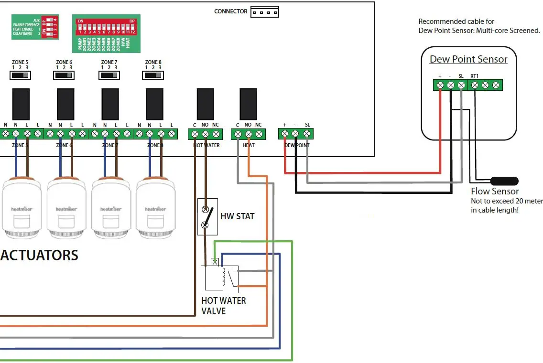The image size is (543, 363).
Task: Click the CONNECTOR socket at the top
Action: point(265,12)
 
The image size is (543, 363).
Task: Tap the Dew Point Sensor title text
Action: point(468,59)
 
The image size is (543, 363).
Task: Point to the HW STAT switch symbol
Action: point(207,217)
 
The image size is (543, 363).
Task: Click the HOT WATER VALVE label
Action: point(223,306)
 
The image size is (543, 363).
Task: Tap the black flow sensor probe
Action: point(505,181)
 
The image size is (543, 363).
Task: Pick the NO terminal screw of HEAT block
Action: point(248,134)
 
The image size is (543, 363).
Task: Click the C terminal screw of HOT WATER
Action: point(195,134)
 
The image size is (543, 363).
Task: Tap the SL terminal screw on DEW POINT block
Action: point(307,134)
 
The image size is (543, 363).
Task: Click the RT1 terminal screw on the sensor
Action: point(475,85)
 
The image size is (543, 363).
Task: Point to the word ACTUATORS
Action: point(39,255)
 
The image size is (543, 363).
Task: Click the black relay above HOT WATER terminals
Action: point(205,104)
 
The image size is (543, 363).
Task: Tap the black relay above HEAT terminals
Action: point(248,104)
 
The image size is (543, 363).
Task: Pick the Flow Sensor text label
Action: point(495,192)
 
